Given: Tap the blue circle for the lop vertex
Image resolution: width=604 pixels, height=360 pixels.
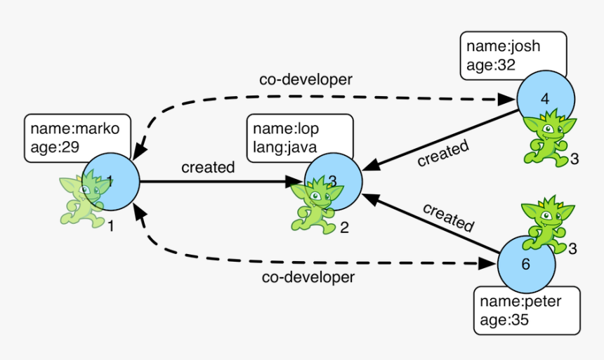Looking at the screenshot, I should tap(334, 182).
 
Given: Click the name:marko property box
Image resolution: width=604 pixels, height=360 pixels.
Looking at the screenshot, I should tap(77, 138).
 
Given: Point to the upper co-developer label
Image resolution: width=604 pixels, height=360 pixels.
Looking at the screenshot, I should tap(306, 79).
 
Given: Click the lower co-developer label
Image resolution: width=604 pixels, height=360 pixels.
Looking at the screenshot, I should tap(308, 277).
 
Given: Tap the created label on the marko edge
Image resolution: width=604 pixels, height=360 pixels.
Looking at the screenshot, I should tap(208, 168).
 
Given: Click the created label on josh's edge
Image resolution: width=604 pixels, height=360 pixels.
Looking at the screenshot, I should tap(442, 154).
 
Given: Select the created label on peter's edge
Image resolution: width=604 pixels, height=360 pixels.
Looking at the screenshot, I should tap(448, 217).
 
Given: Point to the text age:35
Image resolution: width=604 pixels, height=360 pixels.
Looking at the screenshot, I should tap(504, 320).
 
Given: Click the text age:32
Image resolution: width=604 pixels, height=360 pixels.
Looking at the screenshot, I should tap(491, 67).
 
